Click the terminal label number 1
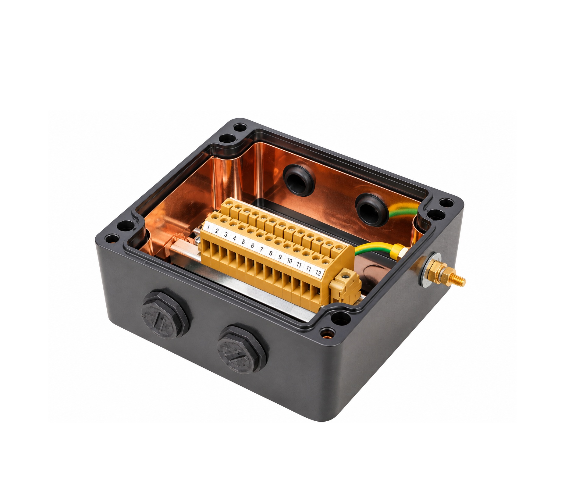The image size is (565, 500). [208, 227]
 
